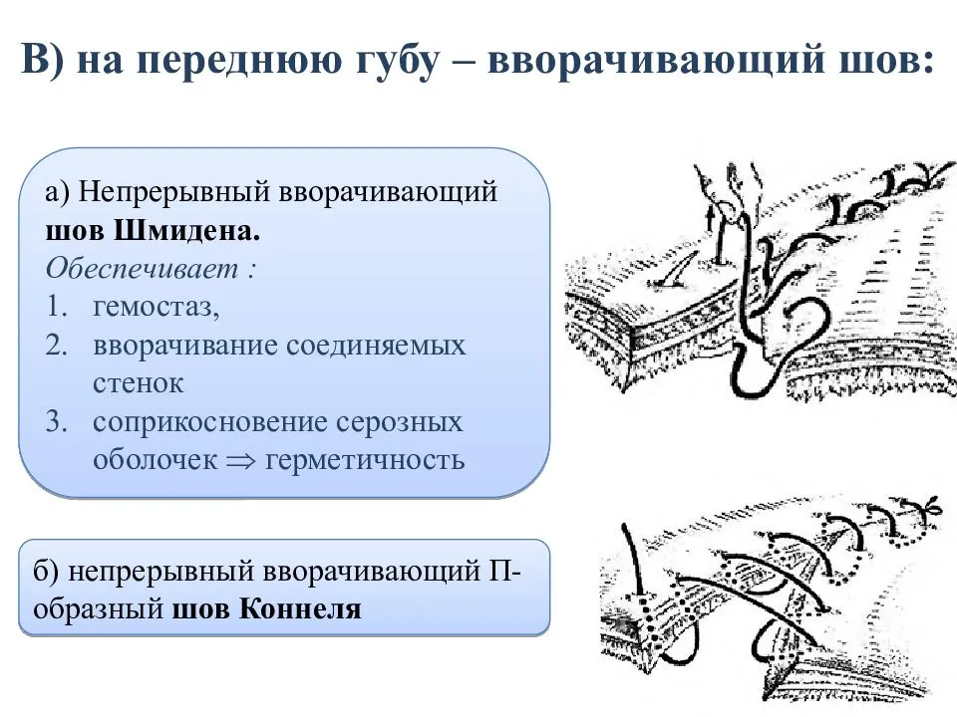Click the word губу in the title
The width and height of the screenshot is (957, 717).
tap(396, 61)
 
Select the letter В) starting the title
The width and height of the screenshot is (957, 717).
tap(43, 59)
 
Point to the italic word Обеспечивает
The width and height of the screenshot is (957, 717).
tap(143, 268)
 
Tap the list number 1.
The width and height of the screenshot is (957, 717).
tap(57, 306)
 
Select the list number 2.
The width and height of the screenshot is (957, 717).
tap(57, 346)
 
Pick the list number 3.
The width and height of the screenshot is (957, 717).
tap(57, 422)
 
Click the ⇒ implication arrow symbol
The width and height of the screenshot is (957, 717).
tap(241, 461)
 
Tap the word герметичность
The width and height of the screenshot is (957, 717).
tap(365, 461)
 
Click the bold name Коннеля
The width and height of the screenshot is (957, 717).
tap(300, 609)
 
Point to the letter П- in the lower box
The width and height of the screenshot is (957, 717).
tap(504, 572)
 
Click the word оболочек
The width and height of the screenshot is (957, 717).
tap(156, 460)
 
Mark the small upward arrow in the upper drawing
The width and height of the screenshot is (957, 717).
tap(710, 219)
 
